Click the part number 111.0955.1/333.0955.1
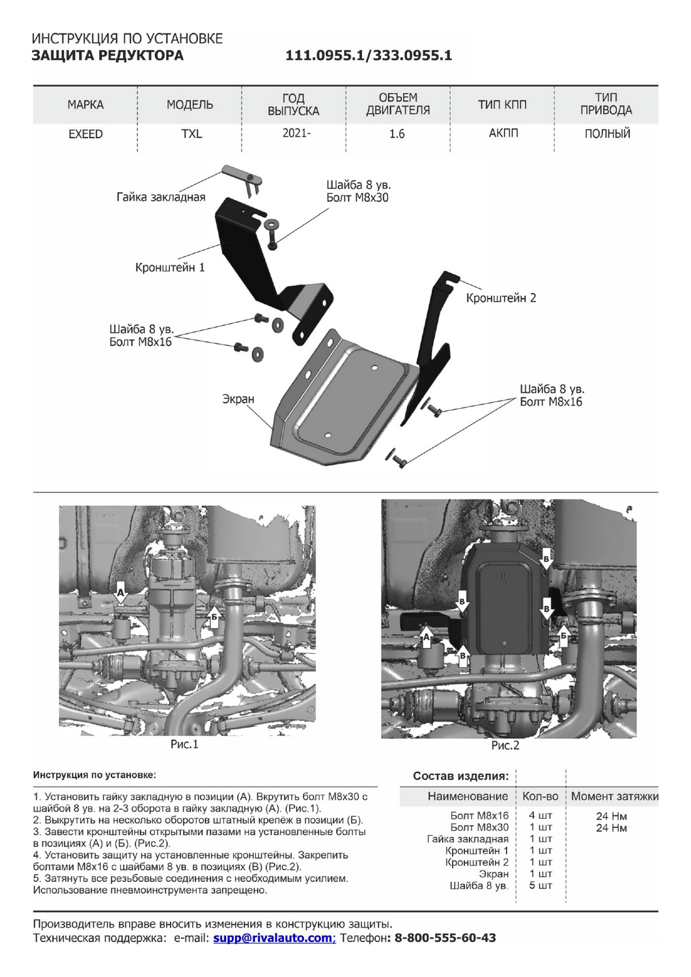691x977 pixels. tap(369, 56)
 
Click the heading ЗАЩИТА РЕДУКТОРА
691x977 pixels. tap(107, 55)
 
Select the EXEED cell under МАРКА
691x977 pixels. tap(85, 134)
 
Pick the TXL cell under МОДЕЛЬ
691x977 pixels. tap(191, 134)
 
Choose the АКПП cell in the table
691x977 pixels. tap(503, 134)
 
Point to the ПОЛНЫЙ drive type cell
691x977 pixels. tap(607, 134)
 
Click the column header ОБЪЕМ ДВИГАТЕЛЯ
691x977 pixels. tap(397, 104)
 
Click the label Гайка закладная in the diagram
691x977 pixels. tap(161, 197)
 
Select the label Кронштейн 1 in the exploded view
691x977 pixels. tap(170, 267)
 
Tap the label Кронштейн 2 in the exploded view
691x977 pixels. tap(501, 298)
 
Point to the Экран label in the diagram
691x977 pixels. tap(238, 399)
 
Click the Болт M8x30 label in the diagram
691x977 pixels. tap(357, 198)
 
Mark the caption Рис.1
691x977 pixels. tap(184, 744)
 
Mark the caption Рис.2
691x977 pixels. tap(505, 745)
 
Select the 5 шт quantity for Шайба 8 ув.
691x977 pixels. tap(541, 886)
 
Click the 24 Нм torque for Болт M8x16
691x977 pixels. tap(611, 816)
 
